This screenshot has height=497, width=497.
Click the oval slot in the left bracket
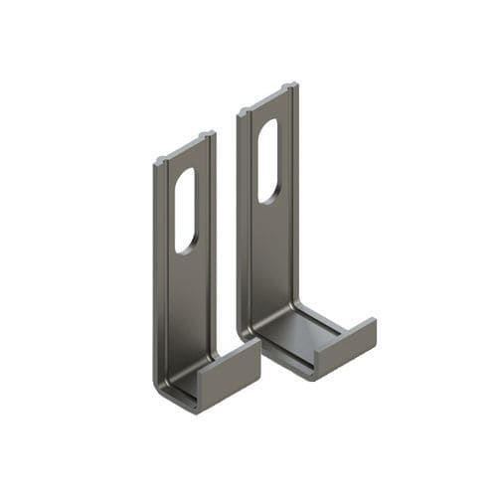coord(186,210)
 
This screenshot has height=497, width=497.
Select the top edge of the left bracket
coord(185,147)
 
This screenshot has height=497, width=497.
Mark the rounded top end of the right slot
coord(269,123)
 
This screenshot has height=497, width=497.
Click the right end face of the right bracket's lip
coord(370,332)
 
